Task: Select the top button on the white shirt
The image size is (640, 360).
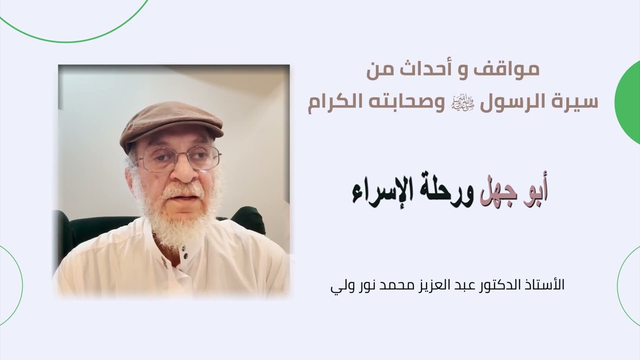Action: pos(184,248)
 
